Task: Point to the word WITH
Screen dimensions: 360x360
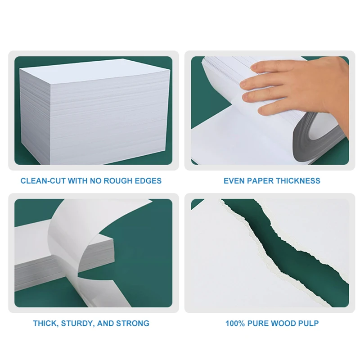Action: click(75, 181)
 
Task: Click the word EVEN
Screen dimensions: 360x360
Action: click(234, 181)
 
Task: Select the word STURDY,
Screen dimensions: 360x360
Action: click(77, 323)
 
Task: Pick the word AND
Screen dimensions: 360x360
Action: click(105, 323)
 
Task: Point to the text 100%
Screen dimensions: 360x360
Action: click(236, 323)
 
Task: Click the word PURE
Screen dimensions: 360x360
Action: click(260, 323)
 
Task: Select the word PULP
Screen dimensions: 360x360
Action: click(309, 323)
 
